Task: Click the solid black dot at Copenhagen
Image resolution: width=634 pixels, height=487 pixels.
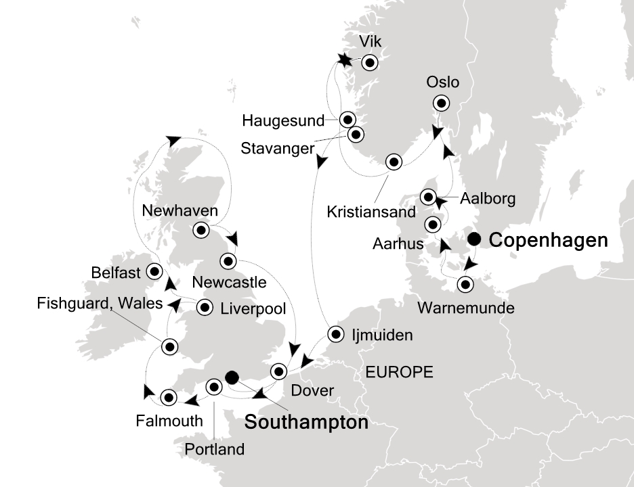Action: (475, 239)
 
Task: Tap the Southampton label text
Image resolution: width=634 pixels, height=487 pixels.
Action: (305, 423)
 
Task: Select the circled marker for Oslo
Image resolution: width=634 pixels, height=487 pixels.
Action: (442, 103)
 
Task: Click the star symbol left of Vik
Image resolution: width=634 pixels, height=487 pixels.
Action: (345, 61)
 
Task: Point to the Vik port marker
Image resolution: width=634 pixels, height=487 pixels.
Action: (369, 63)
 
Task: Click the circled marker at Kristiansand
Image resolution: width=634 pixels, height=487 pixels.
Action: (394, 162)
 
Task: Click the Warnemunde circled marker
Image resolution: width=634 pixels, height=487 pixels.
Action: (465, 284)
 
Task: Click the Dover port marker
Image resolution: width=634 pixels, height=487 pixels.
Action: (279, 371)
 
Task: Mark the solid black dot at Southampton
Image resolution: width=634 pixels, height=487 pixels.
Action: (232, 377)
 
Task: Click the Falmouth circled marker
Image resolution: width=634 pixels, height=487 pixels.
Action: (168, 396)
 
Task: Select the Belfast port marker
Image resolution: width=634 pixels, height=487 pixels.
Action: (154, 271)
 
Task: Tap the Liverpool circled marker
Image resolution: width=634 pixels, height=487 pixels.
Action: (204, 308)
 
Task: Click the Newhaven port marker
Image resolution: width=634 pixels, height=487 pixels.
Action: (200, 230)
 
